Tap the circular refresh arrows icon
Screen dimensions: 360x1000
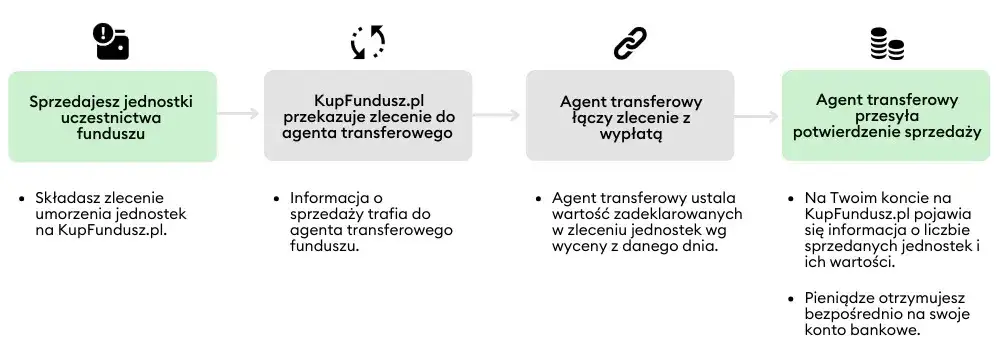coord(367,41)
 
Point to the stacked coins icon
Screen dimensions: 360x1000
coord(886,42)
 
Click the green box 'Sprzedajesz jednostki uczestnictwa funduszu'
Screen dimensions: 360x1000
coord(111,116)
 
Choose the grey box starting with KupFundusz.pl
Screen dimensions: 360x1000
coord(367,116)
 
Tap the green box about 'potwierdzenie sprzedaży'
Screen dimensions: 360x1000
coord(886,116)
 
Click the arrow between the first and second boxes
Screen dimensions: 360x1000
coord(239,114)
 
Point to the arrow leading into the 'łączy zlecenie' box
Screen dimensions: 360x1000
coord(498,115)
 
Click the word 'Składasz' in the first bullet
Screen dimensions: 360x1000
coord(63,197)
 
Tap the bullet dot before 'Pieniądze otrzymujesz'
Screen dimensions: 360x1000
coord(793,296)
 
